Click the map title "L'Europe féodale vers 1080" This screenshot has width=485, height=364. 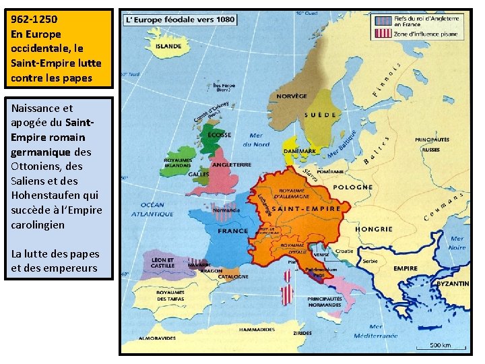[x=180, y=20]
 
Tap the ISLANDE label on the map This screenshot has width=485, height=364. [x=168, y=47]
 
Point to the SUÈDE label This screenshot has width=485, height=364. [x=321, y=115]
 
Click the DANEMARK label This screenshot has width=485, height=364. [x=300, y=152]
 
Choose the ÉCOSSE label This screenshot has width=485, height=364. [x=220, y=134]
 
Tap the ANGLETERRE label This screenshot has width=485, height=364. [x=231, y=164]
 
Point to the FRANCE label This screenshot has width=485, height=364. [x=232, y=231]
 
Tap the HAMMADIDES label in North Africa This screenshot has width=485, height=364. [x=257, y=330]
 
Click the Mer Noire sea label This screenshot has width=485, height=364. [x=457, y=243]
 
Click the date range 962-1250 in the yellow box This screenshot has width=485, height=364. [x=32, y=20]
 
